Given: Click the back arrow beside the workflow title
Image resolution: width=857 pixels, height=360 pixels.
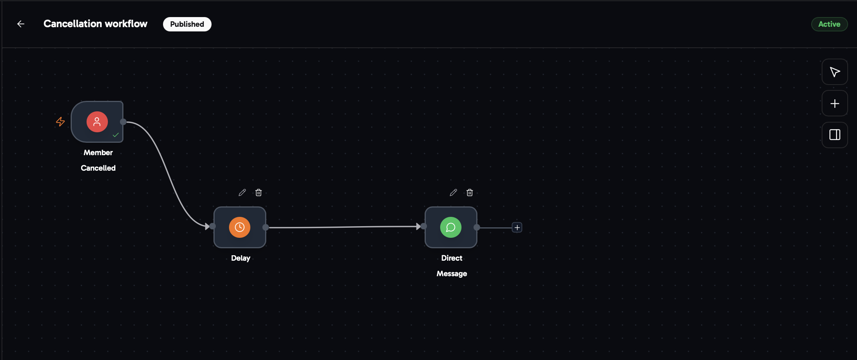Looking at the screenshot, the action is coord(21,24).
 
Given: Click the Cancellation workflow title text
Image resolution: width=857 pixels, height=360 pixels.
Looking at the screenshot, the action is coord(95,24).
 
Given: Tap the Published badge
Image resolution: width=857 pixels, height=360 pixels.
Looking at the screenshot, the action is coord(187,24).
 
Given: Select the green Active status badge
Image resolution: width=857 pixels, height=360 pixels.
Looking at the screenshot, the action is coord(829,24).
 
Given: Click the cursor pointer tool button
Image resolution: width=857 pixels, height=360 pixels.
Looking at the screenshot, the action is coord(834,72).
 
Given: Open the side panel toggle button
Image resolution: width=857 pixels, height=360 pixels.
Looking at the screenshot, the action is coord(834,135).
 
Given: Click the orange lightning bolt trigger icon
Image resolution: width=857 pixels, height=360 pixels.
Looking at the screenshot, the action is coord(60,122).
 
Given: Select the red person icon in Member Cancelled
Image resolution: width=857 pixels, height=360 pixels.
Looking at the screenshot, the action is coord(97,122).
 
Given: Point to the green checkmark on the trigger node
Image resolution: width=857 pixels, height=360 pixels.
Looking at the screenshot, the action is coord(116,135).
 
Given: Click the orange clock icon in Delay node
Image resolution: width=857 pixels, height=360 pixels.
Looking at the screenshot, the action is coord(239,227).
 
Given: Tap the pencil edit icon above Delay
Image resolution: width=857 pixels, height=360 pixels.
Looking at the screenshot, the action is coord(242,192).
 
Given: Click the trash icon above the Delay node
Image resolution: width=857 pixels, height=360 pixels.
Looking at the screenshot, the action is coord(258,192).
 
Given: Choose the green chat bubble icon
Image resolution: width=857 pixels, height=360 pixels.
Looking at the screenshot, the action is coord(451,227).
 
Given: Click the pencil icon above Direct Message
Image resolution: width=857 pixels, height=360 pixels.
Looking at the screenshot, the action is coord(453,192).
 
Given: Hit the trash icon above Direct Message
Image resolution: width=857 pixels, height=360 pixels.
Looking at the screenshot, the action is coord(470,192).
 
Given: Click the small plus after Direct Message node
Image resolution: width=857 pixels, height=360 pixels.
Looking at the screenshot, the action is coord(517,227).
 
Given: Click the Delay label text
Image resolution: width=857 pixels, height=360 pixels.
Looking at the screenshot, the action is coord(241,258).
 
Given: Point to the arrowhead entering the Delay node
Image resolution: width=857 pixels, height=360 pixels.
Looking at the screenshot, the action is coord(207,227).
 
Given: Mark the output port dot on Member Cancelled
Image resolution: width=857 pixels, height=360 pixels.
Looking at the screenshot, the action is coord(123,122).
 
